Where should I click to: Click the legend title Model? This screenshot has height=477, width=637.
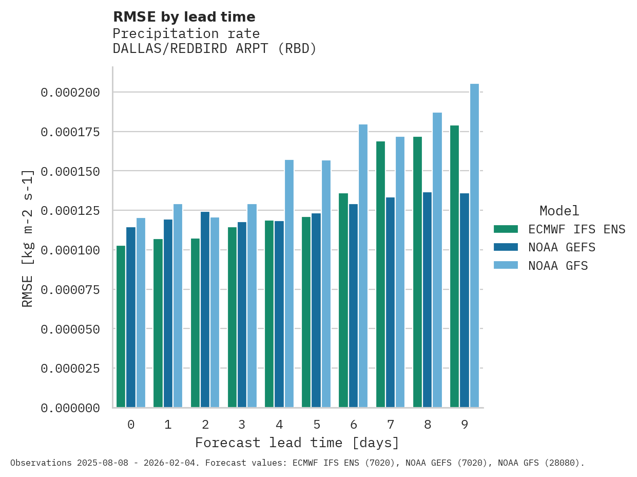tap(559, 211)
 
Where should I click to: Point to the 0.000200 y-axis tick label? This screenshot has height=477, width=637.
tap(70, 93)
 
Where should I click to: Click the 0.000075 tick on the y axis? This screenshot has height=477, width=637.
tap(70, 290)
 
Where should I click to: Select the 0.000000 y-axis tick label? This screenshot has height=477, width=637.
tap(70, 408)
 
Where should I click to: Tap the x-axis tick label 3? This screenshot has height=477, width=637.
tap(242, 425)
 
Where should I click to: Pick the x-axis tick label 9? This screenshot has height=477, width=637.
tap(465, 425)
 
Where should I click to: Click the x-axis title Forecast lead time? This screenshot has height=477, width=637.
tap(297, 443)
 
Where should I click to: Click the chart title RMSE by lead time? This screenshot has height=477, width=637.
tap(184, 17)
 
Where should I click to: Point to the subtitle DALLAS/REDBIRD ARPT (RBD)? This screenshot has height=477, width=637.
tap(215, 49)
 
